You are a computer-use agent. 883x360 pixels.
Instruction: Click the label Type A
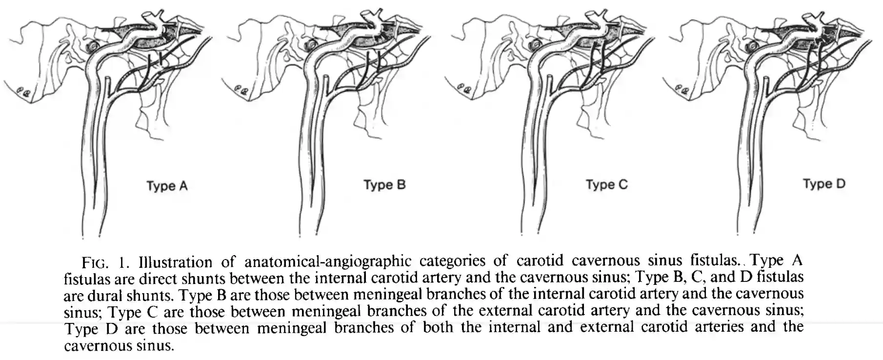(167, 186)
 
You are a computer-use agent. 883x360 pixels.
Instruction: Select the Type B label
(384, 185)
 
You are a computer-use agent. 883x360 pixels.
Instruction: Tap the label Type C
(606, 184)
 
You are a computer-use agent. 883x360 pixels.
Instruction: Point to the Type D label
(823, 184)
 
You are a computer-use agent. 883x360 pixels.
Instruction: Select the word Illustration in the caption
(175, 262)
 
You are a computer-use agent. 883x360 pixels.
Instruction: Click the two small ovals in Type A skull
(23, 90)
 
